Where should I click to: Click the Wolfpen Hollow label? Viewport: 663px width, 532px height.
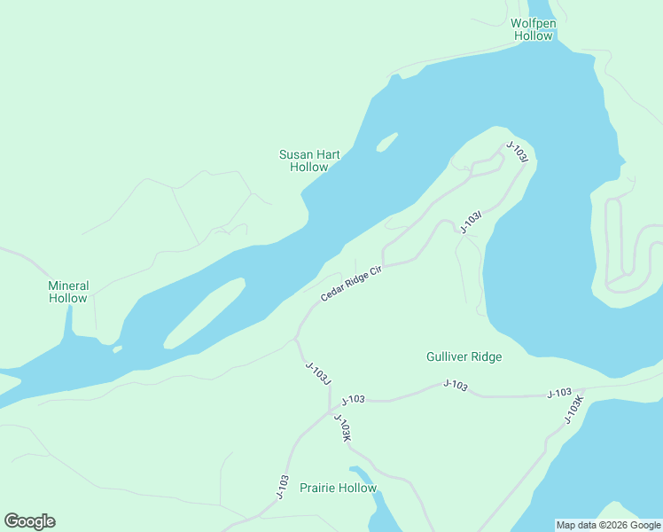click(532, 29)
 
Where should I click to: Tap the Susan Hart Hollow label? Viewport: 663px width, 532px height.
click(309, 160)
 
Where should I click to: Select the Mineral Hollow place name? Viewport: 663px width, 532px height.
click(68, 292)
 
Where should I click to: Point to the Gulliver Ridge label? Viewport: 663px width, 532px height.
click(464, 356)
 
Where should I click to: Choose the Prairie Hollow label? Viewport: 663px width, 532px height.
click(338, 488)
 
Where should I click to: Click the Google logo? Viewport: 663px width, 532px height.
click(29, 521)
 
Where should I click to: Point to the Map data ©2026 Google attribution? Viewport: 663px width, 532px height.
click(608, 525)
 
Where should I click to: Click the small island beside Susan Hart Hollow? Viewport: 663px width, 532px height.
click(386, 141)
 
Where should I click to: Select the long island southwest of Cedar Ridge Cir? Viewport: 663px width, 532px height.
click(204, 313)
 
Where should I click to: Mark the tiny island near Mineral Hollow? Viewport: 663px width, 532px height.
click(117, 348)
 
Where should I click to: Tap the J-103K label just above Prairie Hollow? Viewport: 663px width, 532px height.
click(343, 427)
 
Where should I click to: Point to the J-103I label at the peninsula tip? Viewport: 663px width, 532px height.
click(518, 151)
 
